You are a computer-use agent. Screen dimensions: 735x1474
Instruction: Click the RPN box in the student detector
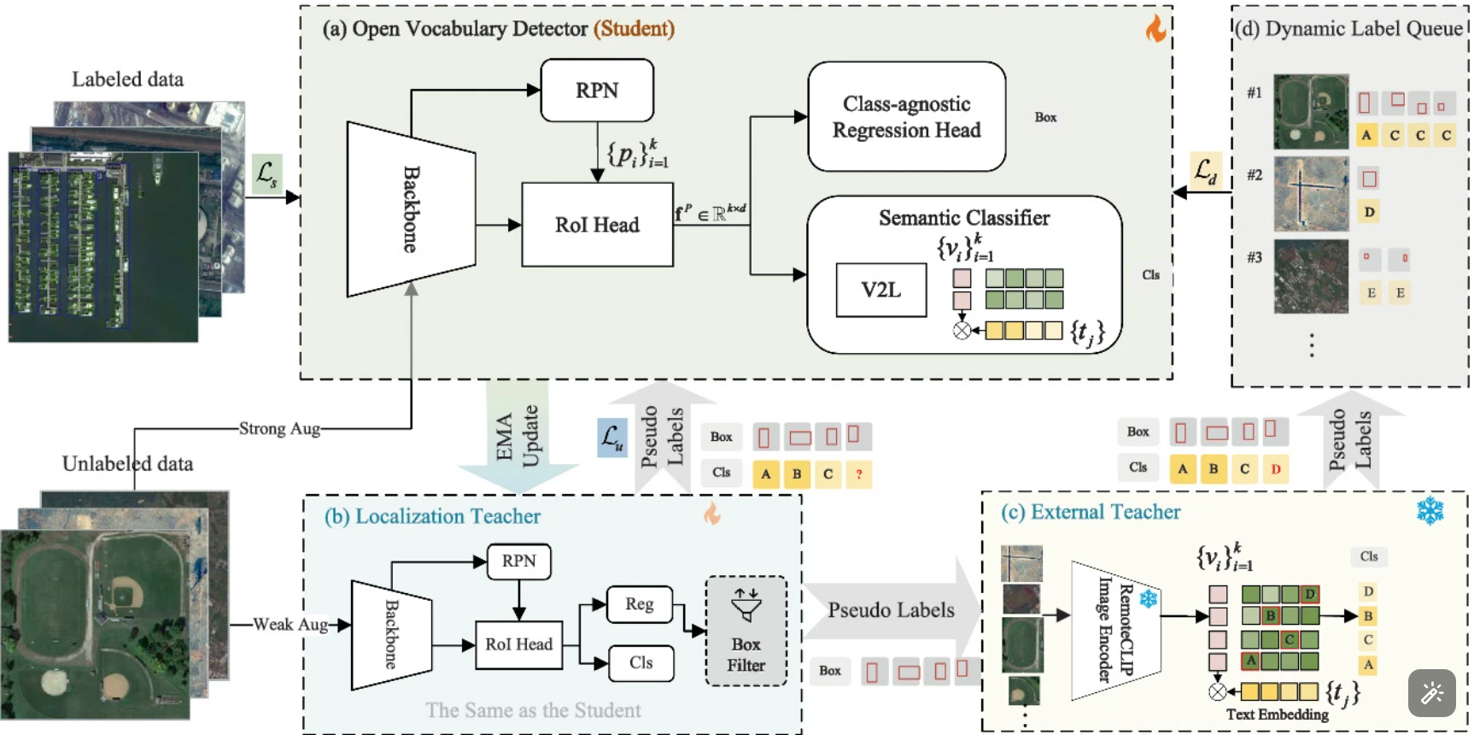click(597, 91)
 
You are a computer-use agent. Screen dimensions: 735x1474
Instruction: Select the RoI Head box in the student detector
click(597, 225)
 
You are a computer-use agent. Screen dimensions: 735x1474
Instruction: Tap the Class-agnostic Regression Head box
click(906, 117)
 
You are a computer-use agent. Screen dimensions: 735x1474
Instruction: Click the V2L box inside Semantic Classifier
click(880, 291)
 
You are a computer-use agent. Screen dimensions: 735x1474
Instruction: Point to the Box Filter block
click(746, 632)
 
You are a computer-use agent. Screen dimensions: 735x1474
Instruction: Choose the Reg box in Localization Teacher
click(639, 604)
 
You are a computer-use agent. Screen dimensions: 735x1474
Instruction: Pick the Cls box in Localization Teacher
click(640, 663)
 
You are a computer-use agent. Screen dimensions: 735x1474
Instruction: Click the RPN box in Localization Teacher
click(518, 562)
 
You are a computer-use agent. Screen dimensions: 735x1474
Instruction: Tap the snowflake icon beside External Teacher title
click(1430, 511)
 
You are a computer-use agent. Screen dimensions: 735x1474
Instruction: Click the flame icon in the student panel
click(1155, 29)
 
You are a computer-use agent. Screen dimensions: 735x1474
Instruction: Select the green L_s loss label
click(266, 173)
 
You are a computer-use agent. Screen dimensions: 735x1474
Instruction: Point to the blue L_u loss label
click(611, 438)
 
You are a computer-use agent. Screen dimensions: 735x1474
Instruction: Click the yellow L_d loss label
click(1205, 171)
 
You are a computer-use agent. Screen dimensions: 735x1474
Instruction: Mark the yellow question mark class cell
click(858, 473)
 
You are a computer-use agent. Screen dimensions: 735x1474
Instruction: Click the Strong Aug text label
click(279, 428)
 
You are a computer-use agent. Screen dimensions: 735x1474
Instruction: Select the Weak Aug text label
click(290, 625)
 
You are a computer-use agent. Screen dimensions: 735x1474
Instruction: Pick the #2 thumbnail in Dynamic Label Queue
click(1311, 194)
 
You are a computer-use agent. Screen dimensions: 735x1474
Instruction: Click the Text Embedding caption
click(1277, 714)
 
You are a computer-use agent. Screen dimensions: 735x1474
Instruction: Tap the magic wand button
click(1431, 692)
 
